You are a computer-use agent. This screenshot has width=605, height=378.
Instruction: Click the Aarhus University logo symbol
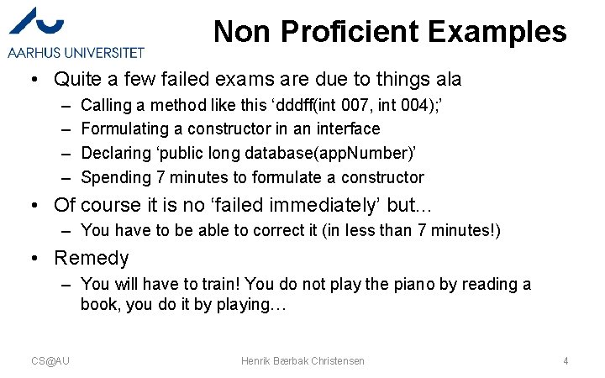click(x=38, y=23)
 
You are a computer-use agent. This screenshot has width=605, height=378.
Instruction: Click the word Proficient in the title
click(x=350, y=32)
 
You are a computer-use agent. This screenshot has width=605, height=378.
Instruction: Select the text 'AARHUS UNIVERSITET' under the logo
click(x=76, y=52)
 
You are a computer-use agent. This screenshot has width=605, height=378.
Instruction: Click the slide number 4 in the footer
click(x=566, y=360)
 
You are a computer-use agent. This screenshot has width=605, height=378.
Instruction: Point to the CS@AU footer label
click(x=50, y=360)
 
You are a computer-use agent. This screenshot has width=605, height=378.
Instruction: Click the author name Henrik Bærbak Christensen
click(x=302, y=360)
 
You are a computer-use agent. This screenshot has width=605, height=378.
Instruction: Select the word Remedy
click(x=91, y=258)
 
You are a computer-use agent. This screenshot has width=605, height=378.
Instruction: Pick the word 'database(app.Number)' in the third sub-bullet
click(x=329, y=153)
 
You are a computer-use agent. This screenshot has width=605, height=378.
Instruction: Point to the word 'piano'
click(x=412, y=284)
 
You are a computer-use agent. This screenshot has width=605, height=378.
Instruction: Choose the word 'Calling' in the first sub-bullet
click(x=107, y=105)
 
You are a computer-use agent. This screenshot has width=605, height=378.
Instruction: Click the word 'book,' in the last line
click(x=101, y=304)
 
